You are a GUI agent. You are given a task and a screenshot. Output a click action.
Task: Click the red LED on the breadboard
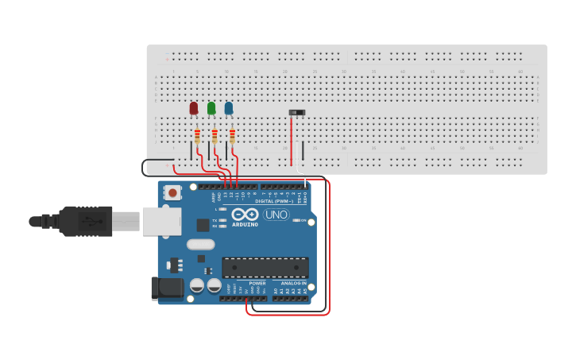click(x=194, y=107)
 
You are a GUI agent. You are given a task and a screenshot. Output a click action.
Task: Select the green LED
click(x=211, y=107)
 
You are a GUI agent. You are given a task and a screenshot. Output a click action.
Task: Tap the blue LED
click(x=229, y=107)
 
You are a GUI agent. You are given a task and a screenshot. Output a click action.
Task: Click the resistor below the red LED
click(x=197, y=135)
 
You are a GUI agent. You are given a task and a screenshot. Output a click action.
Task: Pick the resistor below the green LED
click(x=215, y=135)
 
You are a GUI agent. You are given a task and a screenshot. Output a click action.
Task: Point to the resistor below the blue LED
click(x=232, y=135)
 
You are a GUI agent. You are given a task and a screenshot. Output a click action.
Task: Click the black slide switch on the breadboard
click(x=297, y=113)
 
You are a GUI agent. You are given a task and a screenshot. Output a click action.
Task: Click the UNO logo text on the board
click(x=276, y=215)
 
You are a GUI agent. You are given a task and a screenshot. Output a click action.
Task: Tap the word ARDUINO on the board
click(x=245, y=224)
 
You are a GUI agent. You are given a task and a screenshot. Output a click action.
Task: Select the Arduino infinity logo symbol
click(x=245, y=215)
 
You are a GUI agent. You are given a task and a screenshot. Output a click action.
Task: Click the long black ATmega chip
click(x=265, y=267)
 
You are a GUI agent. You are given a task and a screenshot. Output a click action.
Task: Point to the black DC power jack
click(x=167, y=288)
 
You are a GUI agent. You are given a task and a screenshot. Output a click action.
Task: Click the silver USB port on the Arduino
click(x=162, y=222)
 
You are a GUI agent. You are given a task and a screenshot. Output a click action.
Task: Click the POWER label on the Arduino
click(x=257, y=283)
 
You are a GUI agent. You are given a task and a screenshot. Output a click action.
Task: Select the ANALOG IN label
click(x=293, y=283)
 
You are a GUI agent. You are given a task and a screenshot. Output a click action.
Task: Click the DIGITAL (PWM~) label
click(x=275, y=201)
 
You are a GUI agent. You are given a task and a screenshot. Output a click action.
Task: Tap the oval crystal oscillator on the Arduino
click(x=201, y=245)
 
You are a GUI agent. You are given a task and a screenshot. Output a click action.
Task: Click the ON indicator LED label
click(x=303, y=220)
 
